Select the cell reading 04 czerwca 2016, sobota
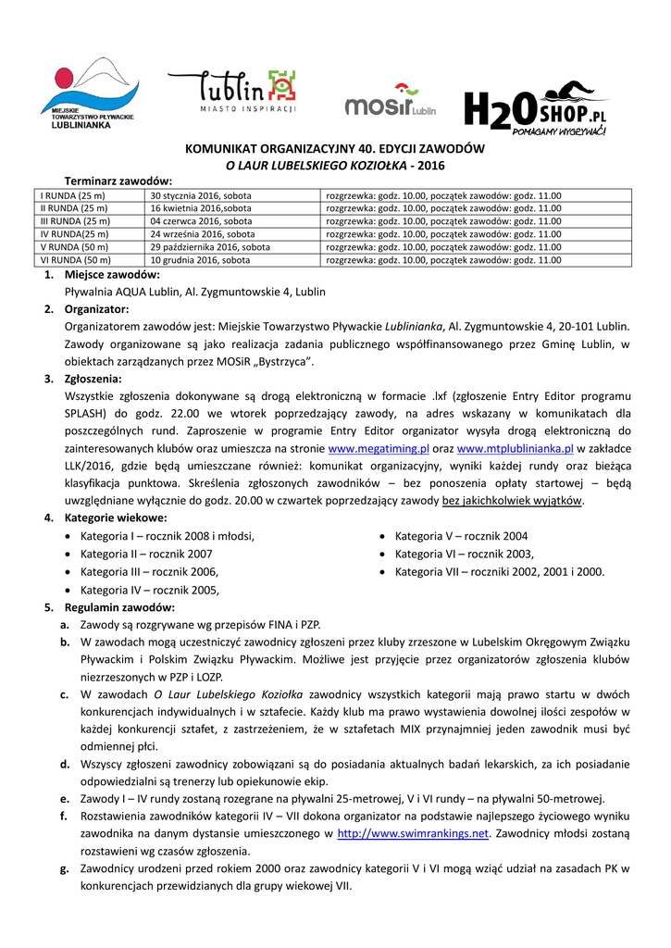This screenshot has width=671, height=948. point(202,222)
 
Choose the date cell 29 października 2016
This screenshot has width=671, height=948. point(211,248)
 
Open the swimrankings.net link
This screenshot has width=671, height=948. point(412,833)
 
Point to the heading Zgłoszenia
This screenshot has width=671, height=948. point(93,379)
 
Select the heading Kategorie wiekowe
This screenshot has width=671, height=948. point(116,518)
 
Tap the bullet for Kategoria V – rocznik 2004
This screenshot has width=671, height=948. point(382,536)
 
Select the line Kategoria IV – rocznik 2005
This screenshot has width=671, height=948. point(149,590)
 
